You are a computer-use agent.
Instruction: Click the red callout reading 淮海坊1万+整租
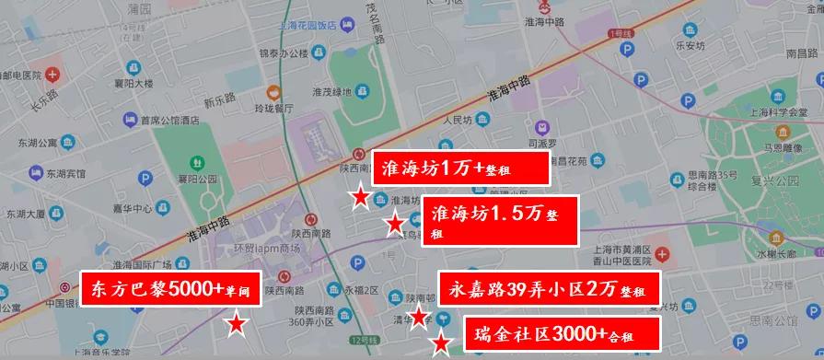tap(458, 168)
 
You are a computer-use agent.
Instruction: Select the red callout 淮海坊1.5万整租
tap(499, 221)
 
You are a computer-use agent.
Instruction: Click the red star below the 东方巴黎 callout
tap(237, 323)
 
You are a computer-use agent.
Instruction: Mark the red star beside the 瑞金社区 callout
tap(441, 344)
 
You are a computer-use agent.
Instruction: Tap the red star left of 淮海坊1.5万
tap(395, 223)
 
